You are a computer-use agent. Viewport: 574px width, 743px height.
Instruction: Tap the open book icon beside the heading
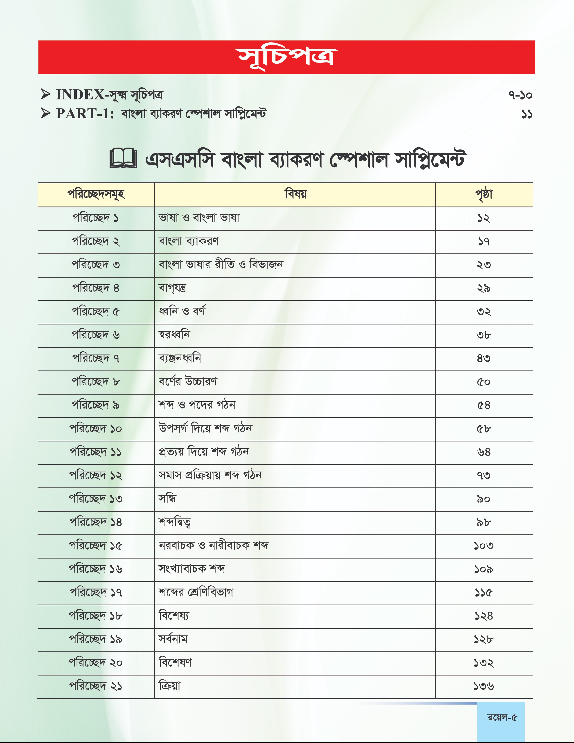pyautogui.click(x=123, y=159)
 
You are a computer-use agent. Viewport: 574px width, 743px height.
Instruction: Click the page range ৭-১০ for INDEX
pyautogui.click(x=520, y=95)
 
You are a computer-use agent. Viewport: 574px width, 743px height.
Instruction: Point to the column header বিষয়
pyautogui.click(x=295, y=194)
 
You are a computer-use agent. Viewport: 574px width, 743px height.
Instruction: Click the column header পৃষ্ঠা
pyautogui.click(x=484, y=194)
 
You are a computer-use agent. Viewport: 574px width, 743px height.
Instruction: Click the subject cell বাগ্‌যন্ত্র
pyautogui.click(x=173, y=288)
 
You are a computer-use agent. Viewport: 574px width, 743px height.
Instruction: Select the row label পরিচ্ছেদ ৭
pyautogui.click(x=96, y=359)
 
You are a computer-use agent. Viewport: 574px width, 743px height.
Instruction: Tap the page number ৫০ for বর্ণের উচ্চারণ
pyautogui.click(x=484, y=382)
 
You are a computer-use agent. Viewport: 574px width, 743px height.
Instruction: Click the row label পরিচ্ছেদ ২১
pyautogui.click(x=96, y=686)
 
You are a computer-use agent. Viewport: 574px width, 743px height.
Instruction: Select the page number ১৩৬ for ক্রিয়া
pyautogui.click(x=484, y=686)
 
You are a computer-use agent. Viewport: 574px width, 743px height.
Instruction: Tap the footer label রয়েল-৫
pyautogui.click(x=502, y=718)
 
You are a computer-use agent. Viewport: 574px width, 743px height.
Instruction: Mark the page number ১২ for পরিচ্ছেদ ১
pyautogui.click(x=484, y=218)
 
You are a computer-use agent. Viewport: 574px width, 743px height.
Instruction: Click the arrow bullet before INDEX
pyautogui.click(x=46, y=94)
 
